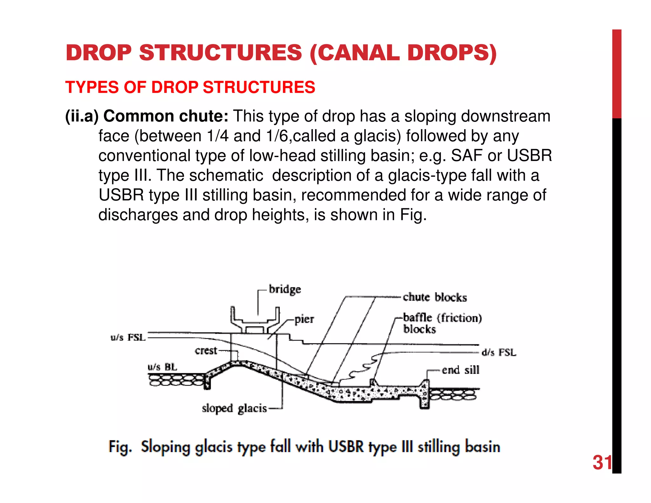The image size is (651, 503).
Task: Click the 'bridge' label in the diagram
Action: pos(285,289)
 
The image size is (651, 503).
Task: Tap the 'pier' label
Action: pos(304,319)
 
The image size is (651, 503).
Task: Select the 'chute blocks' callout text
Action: pos(435,297)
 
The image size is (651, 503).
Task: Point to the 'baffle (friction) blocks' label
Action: pos(442,323)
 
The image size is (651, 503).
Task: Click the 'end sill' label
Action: pos(460,370)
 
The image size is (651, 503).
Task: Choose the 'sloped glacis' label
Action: pos(234,408)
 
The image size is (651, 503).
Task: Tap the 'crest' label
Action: pos(206,351)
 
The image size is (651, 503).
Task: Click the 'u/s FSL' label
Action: pos(128,337)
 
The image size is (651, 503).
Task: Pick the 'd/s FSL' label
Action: pos(499,352)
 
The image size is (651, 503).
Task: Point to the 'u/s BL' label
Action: pos(162,367)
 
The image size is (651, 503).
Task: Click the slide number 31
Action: pos(602,463)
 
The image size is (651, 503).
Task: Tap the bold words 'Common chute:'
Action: pos(166,116)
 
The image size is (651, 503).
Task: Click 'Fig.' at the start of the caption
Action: pos(120,447)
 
